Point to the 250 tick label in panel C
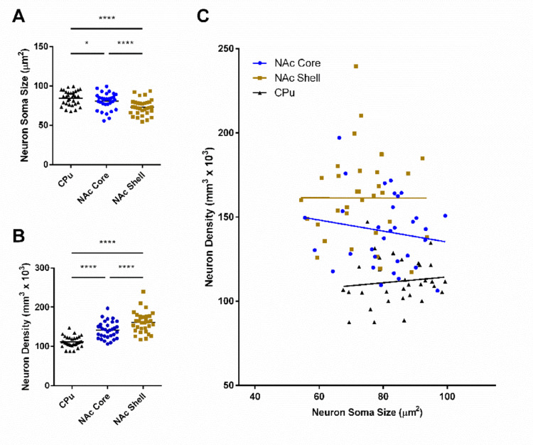[x=227, y=48]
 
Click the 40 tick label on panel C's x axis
[x=254, y=395]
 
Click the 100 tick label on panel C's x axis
[x=447, y=395]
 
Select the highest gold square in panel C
[x=355, y=66]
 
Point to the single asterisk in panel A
[x=87, y=43]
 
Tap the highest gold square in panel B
[x=144, y=291]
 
